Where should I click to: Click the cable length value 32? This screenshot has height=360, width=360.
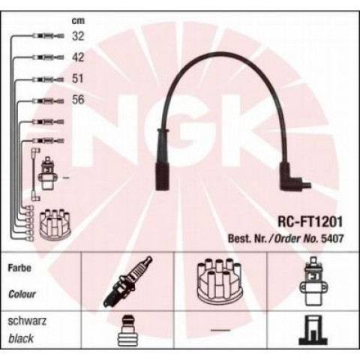click(78, 36)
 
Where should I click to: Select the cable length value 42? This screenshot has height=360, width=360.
click(78, 58)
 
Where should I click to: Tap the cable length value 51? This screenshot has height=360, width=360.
click(78, 79)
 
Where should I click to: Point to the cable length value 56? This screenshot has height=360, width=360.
click(78, 100)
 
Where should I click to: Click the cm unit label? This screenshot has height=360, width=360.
click(78, 21)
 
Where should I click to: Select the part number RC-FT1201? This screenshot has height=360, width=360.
click(310, 221)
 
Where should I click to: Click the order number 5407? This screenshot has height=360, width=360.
click(332, 238)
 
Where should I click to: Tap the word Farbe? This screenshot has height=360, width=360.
click(19, 268)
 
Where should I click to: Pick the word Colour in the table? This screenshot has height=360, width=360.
click(22, 294)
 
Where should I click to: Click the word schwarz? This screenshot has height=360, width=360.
click(27, 321)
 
